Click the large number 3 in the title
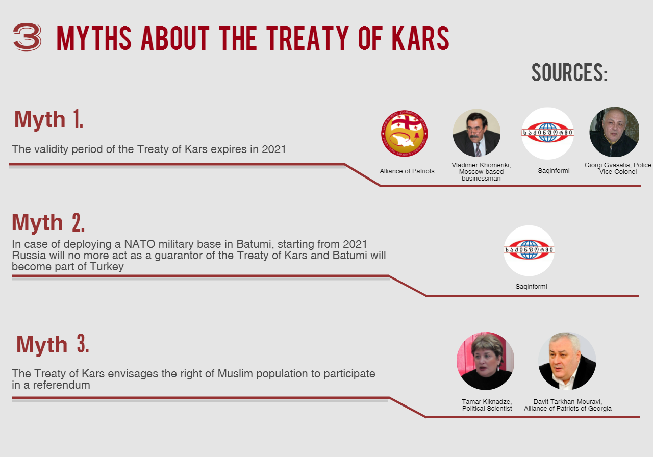pos(27,37)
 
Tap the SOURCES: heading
pos(570,72)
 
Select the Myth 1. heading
pos(48,119)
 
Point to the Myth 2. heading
pos(48,222)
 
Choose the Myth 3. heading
pos(53,344)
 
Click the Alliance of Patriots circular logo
pos(405,134)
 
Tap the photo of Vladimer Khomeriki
pos(476,133)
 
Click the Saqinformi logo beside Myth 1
pos(547,133)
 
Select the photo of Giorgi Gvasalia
pos(614,132)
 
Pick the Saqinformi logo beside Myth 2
pos(529,250)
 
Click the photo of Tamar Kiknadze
pos(485,361)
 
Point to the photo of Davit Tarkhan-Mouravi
pos(567,361)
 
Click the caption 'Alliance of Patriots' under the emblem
pos(407,171)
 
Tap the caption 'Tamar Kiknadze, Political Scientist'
pos(487,405)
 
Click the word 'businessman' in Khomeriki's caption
pos(481,179)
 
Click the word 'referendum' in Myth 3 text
pos(61,385)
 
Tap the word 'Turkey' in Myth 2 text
pos(107,267)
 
